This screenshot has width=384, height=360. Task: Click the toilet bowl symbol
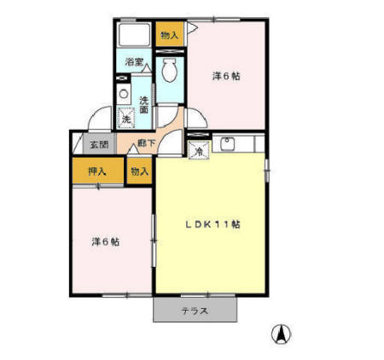coord(168,67)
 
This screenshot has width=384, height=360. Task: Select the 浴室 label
coord(133,61)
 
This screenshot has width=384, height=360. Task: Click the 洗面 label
coord(144,104)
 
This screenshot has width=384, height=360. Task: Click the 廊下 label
coord(147,143)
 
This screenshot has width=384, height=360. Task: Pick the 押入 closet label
coord(98,171)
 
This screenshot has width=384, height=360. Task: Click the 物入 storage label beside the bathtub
coord(169,35)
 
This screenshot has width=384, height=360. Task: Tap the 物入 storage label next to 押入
coord(139,171)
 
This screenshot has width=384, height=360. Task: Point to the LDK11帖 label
coord(213,224)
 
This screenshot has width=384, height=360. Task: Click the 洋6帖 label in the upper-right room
coord(226,76)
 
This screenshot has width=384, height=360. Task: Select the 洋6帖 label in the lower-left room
coord(106,241)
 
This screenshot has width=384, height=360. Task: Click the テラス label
coord(194,311)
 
